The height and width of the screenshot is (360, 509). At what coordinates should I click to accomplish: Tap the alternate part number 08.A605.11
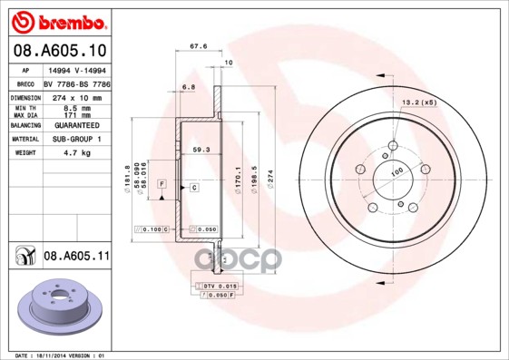(76, 257)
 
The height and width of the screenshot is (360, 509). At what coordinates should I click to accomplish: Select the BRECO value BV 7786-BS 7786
(76, 82)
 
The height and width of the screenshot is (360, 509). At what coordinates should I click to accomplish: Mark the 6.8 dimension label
(189, 87)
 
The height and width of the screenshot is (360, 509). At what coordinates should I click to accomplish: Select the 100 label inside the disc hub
(396, 172)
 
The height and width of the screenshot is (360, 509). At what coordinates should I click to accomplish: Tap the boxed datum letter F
(162, 184)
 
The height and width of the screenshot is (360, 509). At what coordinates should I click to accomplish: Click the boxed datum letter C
(193, 187)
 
